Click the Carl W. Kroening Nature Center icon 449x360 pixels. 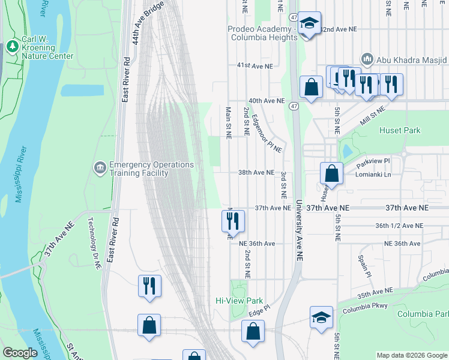click(x=12, y=46)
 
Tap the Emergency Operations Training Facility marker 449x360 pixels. click(x=100, y=166)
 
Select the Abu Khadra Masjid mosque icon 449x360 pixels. click(x=367, y=59)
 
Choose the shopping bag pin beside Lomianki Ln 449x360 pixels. click(x=331, y=174)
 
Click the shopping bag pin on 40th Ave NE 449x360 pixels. click(x=312, y=88)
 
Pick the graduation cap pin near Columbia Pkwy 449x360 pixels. click(x=321, y=317)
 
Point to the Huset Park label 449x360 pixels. click(x=400, y=130)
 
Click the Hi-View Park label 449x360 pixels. click(x=240, y=300)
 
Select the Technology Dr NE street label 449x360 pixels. click(x=94, y=243)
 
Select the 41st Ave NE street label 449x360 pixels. click(x=255, y=65)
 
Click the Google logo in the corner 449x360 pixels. click(x=20, y=353)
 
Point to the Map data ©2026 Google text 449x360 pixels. click(x=412, y=355)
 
